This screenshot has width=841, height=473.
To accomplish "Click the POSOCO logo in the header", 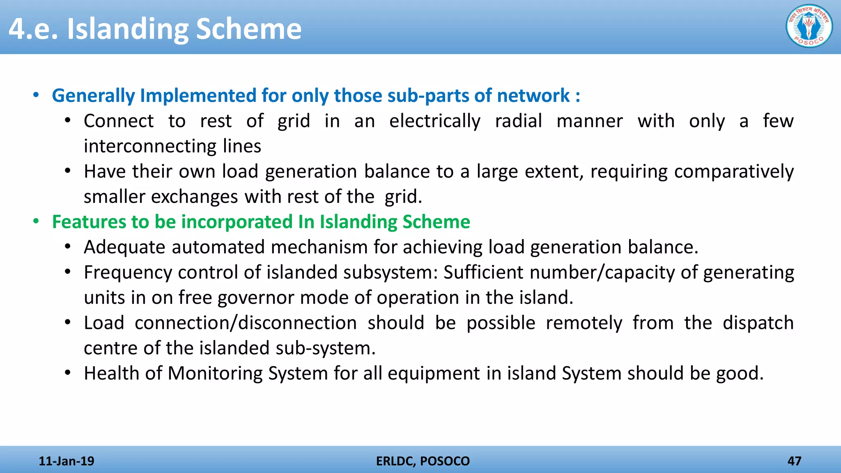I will (809, 26).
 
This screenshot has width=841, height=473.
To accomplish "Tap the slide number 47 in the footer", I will (794, 461).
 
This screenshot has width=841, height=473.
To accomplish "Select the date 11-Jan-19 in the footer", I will (66, 461).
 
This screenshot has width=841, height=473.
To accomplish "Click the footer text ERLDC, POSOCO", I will (423, 461).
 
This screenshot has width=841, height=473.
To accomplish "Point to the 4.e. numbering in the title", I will (33, 30).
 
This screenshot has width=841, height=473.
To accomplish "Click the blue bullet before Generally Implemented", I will (36, 95).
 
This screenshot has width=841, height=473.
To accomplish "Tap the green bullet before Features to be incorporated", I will (36, 222).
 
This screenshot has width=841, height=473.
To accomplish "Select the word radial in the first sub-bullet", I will (518, 121).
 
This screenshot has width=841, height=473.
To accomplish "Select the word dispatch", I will (758, 323).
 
